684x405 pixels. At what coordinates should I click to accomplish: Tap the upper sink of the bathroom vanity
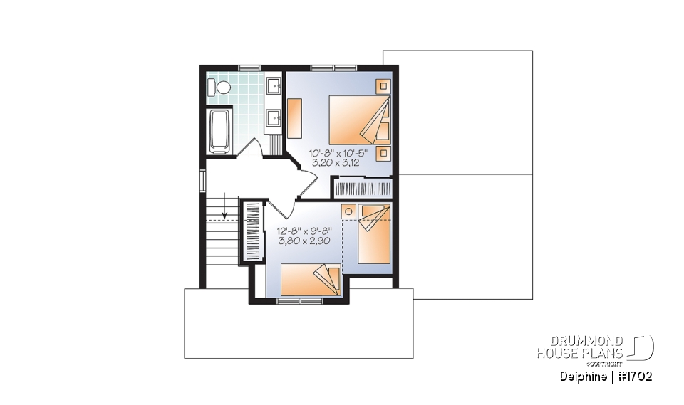(x=274, y=87)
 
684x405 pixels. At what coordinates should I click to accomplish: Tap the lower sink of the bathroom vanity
(x=274, y=117)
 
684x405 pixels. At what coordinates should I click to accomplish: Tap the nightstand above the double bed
(x=383, y=86)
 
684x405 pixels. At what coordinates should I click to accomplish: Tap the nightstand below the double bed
(x=383, y=153)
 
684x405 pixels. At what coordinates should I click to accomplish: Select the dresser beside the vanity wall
(x=295, y=117)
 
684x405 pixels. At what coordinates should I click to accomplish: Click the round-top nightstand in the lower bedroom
(x=348, y=211)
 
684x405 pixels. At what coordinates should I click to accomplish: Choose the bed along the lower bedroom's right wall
(x=374, y=235)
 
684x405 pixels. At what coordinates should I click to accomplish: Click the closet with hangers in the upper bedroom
(x=363, y=189)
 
